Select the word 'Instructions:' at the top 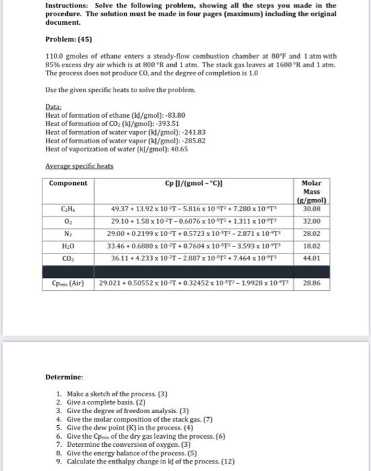[x=65, y=5]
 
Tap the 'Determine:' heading [x=65, y=375]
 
